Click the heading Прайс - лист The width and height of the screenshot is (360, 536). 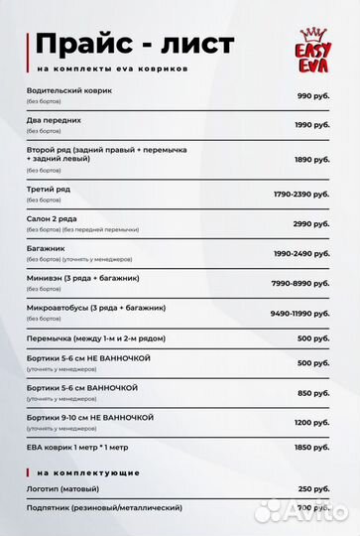click(x=134, y=45)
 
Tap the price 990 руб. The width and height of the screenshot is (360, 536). click(x=312, y=96)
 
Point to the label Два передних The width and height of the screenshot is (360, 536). click(x=55, y=120)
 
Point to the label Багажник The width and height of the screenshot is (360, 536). click(x=49, y=248)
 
